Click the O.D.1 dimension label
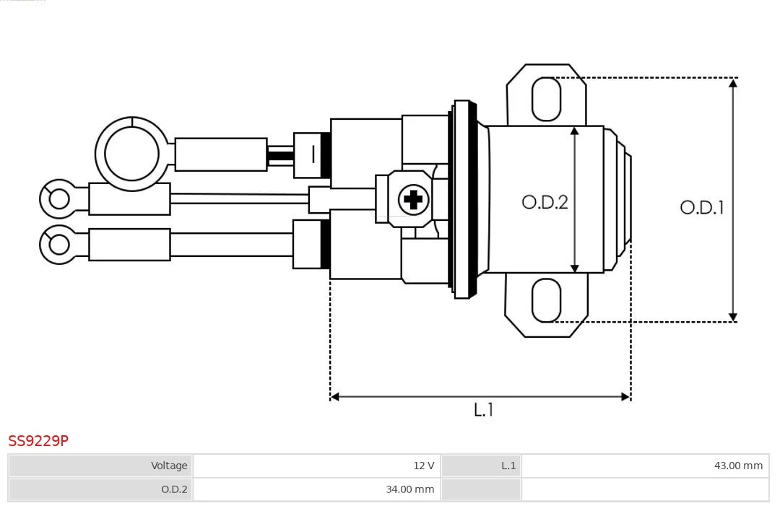point(702,207)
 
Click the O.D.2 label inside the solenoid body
point(545,202)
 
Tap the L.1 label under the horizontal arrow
point(483,409)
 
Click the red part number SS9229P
point(38,440)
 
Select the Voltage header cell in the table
point(100,466)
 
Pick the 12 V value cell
point(317,466)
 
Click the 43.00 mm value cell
point(645,466)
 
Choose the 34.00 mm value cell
point(317,489)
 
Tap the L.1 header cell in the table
point(481,466)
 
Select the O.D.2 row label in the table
point(100,489)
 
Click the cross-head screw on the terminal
point(413,200)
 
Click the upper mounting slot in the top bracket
point(546,99)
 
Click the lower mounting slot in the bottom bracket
point(546,300)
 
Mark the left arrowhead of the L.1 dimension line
point(335,397)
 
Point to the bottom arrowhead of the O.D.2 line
point(575,269)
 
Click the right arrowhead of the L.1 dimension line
point(626,397)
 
